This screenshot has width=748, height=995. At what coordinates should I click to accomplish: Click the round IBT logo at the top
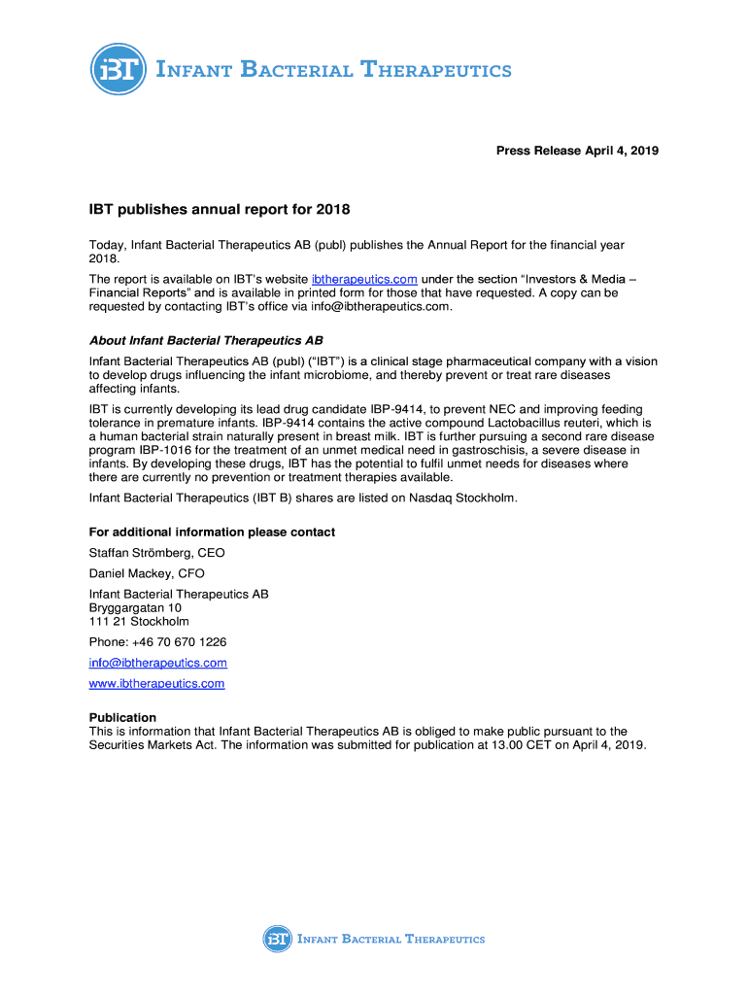[x=118, y=69]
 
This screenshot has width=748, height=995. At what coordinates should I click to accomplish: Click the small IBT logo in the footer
[x=277, y=939]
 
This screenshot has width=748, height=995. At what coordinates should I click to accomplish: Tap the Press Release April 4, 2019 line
[x=577, y=151]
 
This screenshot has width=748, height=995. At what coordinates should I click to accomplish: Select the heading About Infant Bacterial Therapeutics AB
[x=206, y=341]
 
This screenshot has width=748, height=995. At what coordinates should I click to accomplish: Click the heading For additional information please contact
[x=212, y=532]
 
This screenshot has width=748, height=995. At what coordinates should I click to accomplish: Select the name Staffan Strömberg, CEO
[x=156, y=553]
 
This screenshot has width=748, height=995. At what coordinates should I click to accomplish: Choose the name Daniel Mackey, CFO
[x=147, y=573]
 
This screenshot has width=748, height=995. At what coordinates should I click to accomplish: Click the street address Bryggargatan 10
[x=135, y=607]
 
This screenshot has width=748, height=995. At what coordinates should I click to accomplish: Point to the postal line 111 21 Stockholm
[x=139, y=621]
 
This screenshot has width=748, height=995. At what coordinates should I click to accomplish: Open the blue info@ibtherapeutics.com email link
[x=158, y=663]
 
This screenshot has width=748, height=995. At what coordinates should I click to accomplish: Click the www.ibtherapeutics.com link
[x=156, y=683]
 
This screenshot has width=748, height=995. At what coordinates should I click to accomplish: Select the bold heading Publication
[x=122, y=718]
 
